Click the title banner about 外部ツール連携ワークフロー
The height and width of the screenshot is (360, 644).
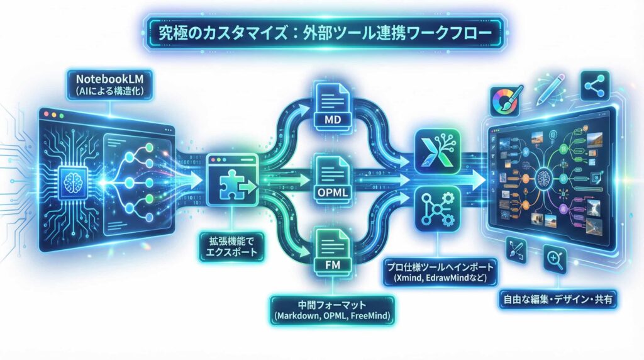[x=321, y=33]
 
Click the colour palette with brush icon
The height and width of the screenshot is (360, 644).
[x=505, y=101]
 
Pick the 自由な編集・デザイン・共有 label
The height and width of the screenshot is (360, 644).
[x=556, y=298]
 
